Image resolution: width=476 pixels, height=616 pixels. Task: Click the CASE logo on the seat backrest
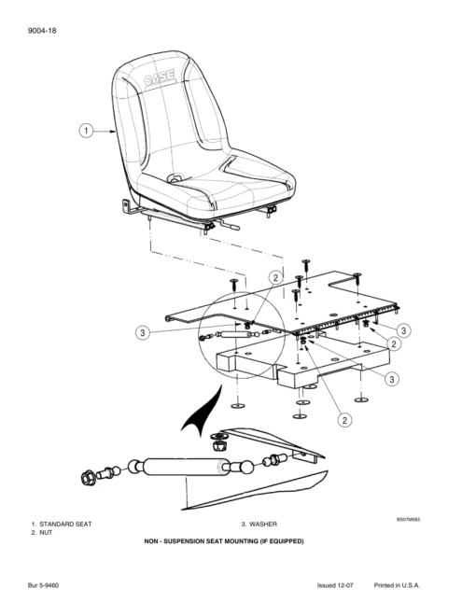[x=160, y=77]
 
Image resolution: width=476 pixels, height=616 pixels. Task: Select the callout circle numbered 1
[x=87, y=131]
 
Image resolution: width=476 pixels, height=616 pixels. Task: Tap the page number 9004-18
[x=42, y=31]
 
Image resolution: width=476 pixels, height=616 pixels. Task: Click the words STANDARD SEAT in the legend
[x=65, y=525]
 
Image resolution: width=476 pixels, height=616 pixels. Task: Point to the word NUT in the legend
[x=46, y=533]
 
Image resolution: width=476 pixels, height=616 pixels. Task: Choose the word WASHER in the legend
[x=263, y=525]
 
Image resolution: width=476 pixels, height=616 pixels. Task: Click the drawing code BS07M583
[x=408, y=519]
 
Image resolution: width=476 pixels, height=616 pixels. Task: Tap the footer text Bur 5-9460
[x=43, y=585]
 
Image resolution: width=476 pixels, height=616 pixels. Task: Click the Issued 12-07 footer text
[x=335, y=585]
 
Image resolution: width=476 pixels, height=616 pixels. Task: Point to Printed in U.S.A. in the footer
[x=397, y=585]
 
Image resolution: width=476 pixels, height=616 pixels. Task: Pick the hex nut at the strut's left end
[x=89, y=478]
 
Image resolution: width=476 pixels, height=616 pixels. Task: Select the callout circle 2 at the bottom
[x=344, y=420]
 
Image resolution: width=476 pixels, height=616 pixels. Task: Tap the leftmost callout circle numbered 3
[x=143, y=333]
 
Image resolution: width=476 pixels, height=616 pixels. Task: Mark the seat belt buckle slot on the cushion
[x=175, y=178]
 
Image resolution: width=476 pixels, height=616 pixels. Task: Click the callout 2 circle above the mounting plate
[x=275, y=278]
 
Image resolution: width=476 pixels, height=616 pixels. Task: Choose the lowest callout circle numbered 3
[x=392, y=379]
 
